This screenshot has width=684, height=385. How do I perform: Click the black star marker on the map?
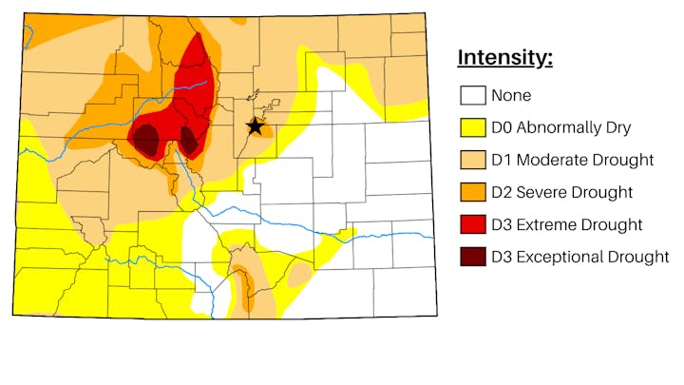[x=255, y=125]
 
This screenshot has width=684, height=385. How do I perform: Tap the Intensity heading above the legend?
[x=504, y=57]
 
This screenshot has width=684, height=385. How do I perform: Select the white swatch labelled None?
[x=473, y=95]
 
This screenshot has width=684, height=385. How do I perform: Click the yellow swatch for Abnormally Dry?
[x=473, y=127]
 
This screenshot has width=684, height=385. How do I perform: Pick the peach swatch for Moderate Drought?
[x=473, y=160]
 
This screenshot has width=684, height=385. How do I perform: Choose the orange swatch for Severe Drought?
[x=473, y=192]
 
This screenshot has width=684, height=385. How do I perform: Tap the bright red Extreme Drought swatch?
[x=473, y=224]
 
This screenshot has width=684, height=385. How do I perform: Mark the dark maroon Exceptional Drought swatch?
[x=473, y=257]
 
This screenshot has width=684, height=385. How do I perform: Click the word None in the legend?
[x=511, y=95]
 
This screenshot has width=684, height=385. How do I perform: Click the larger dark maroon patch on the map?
[x=146, y=141]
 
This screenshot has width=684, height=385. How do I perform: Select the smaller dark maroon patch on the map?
[x=189, y=142]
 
